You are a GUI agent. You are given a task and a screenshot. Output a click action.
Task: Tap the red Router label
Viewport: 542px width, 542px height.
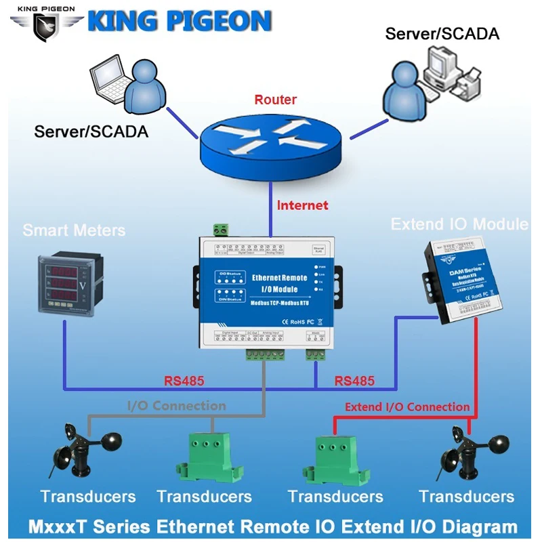point(275,100)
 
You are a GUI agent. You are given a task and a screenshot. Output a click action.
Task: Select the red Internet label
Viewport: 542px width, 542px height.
point(301,205)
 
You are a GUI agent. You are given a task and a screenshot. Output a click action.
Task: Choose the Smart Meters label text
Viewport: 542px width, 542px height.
point(74,230)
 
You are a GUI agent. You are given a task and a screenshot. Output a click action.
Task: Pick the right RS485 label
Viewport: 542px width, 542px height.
point(354,381)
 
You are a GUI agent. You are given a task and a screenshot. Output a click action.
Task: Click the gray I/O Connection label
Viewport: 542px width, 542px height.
point(177,406)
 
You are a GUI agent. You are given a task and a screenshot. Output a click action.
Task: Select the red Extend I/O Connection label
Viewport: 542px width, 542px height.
point(406,406)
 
